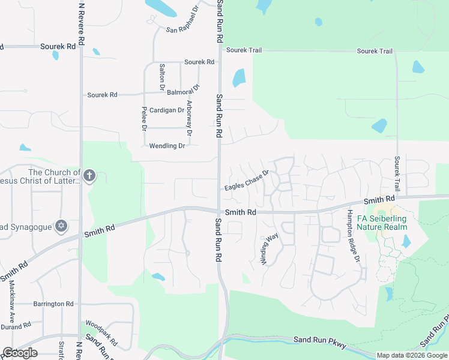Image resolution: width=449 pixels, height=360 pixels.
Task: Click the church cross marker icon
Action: tap(89, 176)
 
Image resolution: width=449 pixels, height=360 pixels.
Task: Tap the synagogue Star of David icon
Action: tap(60, 226)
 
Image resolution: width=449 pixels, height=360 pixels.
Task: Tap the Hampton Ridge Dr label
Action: tap(353, 235)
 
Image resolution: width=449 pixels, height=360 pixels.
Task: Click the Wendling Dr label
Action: tap(167, 146)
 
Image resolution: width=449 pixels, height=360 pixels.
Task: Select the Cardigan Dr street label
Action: tap(167, 110)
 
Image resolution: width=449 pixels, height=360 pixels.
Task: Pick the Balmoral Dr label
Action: tap(170, 92)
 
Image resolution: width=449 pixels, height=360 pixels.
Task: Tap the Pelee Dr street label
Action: tap(144, 119)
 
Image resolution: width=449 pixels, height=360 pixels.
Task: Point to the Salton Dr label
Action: tap(162, 77)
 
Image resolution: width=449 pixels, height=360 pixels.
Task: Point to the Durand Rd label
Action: tap(16, 326)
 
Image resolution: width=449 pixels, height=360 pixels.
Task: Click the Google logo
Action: tap(20, 353)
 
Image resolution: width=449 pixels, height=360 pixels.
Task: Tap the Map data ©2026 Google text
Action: tap(412, 355)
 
